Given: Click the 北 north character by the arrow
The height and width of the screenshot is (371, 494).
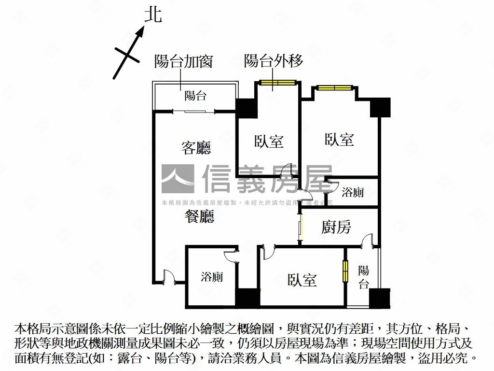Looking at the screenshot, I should tap(153, 14).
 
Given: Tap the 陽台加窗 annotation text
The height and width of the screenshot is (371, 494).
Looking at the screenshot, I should tap(183, 61).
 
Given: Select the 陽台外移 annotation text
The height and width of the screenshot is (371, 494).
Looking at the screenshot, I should tap(274, 61).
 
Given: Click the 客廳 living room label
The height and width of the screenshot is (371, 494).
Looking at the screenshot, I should tap(196, 147).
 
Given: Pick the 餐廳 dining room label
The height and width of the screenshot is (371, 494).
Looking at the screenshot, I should tap(199, 217).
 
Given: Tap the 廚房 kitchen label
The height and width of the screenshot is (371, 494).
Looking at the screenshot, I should tap(336, 227).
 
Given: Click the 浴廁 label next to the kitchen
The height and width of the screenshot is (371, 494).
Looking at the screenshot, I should tap(353, 193).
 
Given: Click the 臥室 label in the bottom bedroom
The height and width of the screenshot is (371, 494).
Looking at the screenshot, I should tap(302, 280).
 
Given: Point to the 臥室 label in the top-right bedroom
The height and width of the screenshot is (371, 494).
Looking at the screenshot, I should tap(339, 140).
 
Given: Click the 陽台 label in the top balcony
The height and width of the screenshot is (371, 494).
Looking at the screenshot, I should tap(195, 96).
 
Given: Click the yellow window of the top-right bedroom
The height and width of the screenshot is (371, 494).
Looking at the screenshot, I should tap(334, 88).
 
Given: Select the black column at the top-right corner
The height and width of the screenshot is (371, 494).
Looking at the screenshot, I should tap(380, 107).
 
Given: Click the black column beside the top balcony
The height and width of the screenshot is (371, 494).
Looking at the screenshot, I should tap(245, 108).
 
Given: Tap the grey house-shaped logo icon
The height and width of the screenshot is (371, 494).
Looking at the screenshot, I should tap(178, 179).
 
